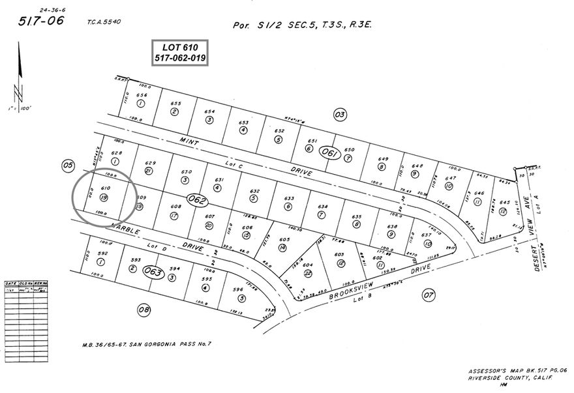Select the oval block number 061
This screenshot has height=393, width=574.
click(330, 154)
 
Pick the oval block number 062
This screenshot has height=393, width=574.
click(196, 199)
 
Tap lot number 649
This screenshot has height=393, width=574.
click(384, 158)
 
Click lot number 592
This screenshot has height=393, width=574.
click(101, 254)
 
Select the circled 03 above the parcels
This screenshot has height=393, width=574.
click(339, 115)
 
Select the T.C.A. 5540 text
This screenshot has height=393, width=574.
click(103, 22)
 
